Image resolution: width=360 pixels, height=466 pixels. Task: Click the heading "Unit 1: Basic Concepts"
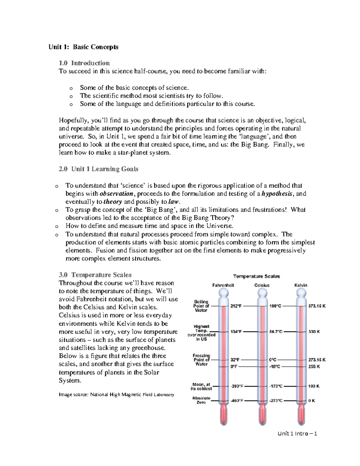pos(83,47)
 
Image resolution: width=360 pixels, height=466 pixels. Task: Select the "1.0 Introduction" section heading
pos(84,63)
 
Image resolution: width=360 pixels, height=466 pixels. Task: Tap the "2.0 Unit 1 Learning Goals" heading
pos(98,169)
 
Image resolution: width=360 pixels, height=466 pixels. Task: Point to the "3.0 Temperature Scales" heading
pos(95,275)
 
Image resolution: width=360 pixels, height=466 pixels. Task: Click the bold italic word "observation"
pos(116,194)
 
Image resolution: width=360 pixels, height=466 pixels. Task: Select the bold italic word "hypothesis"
pos(276,194)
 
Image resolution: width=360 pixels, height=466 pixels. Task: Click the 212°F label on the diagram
pos(235,306)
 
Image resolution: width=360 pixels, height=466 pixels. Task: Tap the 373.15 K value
pos(317,306)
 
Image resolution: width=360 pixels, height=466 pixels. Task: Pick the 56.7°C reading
pos(276,332)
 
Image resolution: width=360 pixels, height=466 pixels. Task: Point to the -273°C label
pos(276,401)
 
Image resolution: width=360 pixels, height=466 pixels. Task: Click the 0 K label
pos(311,401)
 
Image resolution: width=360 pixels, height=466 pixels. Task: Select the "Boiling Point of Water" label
pos(201,306)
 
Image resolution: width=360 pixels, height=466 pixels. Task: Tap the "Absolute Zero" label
pos(201,400)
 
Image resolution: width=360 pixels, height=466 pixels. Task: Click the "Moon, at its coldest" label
pos(201,386)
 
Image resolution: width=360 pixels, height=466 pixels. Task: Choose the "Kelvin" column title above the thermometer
pos(301,285)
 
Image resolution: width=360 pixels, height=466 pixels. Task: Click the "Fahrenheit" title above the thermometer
pos(223,285)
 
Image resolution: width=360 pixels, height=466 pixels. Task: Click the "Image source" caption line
pos(116,395)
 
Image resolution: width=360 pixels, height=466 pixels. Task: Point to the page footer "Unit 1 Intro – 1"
pos(297,434)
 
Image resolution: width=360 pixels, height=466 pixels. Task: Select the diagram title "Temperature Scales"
pos(256,276)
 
